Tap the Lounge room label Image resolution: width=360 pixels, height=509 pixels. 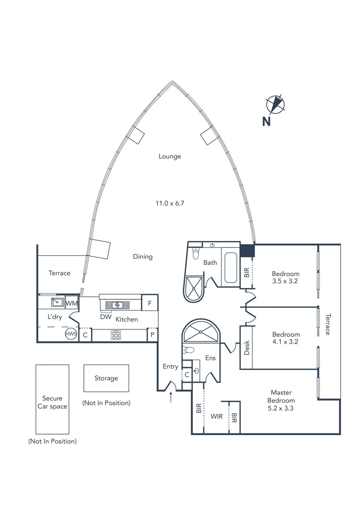tap(170, 156)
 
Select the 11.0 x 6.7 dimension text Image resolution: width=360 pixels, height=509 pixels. tap(170, 204)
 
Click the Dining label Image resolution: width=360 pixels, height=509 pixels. tap(143, 257)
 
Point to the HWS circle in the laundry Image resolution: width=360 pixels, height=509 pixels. tap(71, 334)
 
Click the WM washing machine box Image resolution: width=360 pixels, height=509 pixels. tap(72, 303)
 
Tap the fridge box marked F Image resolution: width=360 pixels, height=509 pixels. tap(149, 303)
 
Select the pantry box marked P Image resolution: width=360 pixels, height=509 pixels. tap(152, 335)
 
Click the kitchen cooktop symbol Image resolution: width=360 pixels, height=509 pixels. tap(116, 335)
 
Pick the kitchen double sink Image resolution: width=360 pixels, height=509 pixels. tap(115, 305)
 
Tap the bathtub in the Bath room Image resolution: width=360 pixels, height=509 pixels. tap(231, 268)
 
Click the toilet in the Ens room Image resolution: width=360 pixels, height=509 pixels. tap(189, 351)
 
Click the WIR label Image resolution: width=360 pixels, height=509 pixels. tap(217, 416)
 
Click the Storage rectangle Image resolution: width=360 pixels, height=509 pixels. tap(106, 378)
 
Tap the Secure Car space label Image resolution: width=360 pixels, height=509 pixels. tap(52, 402)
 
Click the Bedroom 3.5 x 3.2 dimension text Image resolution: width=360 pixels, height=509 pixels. tap(286, 281)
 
